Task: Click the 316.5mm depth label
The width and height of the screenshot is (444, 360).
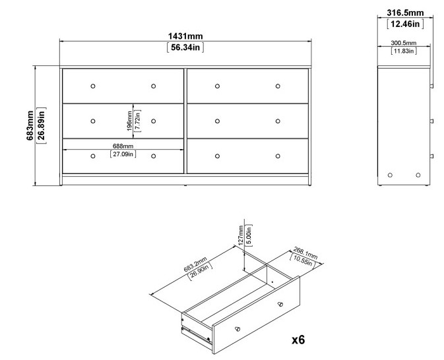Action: coord(404,13)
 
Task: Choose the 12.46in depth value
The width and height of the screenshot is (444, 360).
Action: coord(404,24)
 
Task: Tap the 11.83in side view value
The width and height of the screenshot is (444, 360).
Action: coord(403,51)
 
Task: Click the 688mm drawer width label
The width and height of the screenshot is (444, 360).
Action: coord(123,146)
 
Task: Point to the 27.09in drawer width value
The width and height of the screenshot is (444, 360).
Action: coord(123,154)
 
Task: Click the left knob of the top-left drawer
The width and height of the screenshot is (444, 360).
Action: coord(92,86)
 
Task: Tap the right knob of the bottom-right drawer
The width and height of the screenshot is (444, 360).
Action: coord(278,156)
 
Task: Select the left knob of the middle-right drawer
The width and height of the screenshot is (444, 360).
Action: coord(217,121)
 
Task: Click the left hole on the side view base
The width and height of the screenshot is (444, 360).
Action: coord(390,175)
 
